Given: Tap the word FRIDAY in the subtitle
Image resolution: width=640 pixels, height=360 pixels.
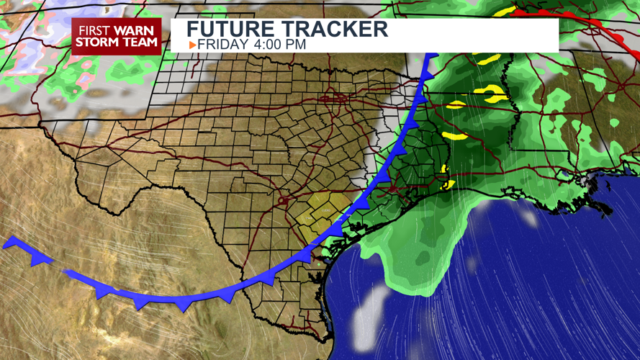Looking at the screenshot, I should coord(223,45).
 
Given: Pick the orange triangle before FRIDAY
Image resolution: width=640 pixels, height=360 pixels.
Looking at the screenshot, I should coord(192,45).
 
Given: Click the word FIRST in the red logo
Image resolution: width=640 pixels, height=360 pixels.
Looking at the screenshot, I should coord(97,30).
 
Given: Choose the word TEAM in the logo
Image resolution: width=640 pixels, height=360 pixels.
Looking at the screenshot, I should coord(141,42).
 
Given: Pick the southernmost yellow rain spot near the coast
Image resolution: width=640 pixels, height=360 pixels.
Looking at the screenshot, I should coord(448,185).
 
